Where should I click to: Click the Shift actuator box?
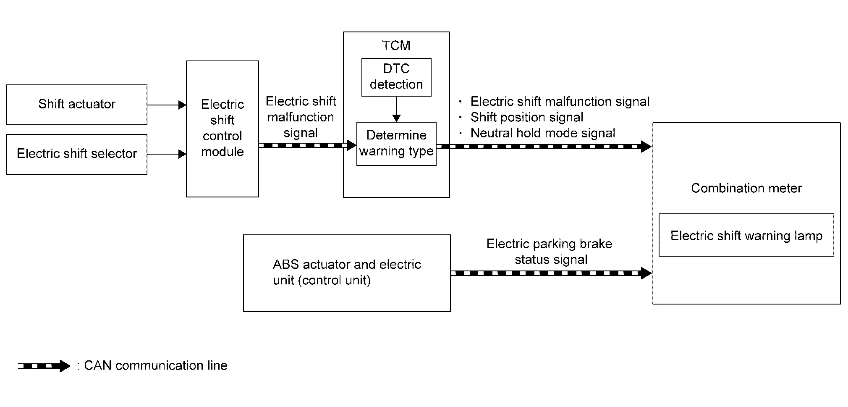(x=77, y=105)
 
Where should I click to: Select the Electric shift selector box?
(x=77, y=154)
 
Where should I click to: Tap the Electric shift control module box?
(x=222, y=129)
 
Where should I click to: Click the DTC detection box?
(x=396, y=77)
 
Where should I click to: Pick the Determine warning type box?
(x=396, y=144)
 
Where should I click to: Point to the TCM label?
(x=396, y=45)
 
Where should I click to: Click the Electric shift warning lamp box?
(x=746, y=235)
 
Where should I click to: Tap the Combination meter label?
(x=746, y=188)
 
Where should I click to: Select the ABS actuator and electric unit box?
(x=347, y=273)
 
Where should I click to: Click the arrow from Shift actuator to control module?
(x=167, y=105)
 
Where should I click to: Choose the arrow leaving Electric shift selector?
(x=167, y=154)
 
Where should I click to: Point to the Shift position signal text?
(x=526, y=117)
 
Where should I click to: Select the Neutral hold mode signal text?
(x=542, y=133)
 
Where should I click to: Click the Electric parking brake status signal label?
(x=550, y=252)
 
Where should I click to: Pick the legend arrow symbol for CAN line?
(x=44, y=366)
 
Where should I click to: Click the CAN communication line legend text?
(x=155, y=365)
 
